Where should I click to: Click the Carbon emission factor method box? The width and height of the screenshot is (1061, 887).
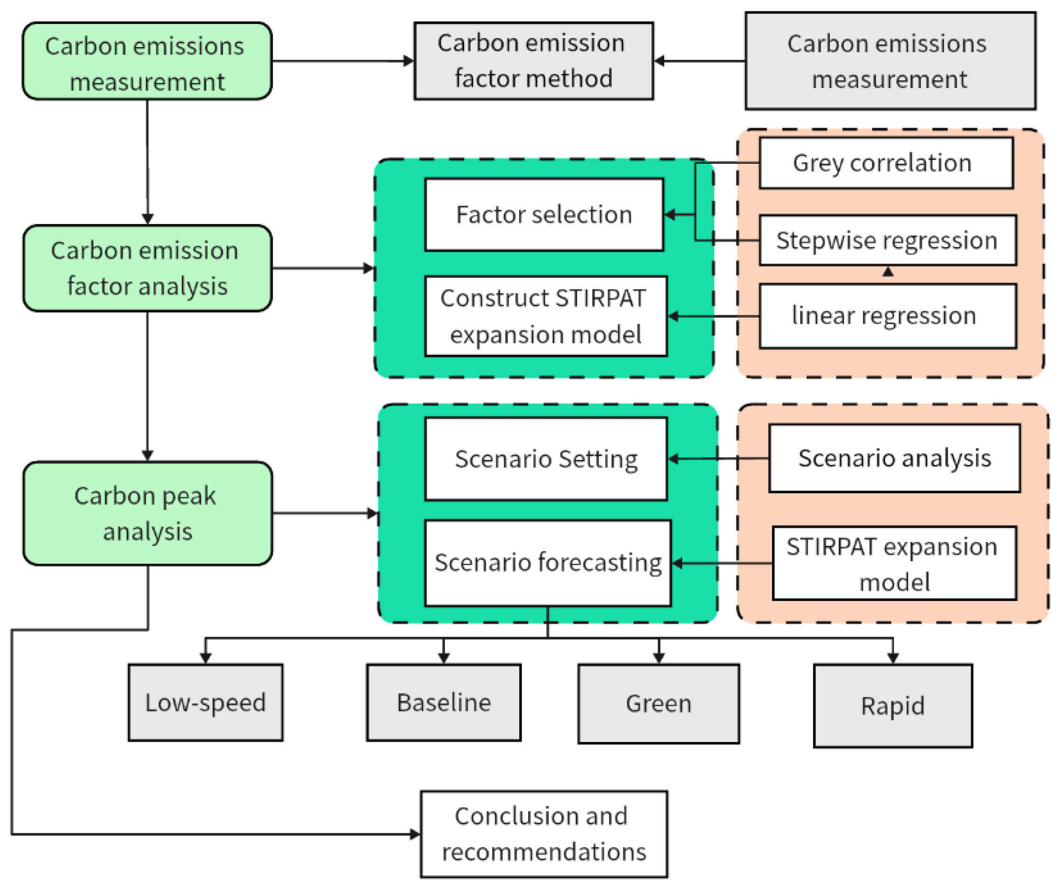coord(533,61)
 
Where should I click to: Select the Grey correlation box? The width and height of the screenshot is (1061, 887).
coord(886,163)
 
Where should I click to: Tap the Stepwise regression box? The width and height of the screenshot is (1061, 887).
coord(887,240)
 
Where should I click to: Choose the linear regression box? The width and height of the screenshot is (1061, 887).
coord(887,316)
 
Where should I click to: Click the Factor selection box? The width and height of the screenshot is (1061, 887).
coord(544,214)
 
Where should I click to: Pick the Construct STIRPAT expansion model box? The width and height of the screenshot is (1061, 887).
coord(546,316)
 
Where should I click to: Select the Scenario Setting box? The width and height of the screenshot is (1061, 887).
coord(546,459)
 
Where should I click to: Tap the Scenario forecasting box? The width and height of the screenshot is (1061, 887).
coord(547,563)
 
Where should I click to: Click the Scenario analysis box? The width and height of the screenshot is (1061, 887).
coord(894,458)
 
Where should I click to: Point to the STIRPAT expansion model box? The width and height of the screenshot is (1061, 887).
coord(894,563)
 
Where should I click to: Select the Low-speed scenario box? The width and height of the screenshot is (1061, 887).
coord(205,702)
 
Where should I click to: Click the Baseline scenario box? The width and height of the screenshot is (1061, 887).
coord(443,702)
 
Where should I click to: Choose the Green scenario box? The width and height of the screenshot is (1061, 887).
coord(659,703)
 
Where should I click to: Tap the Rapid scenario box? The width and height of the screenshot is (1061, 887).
coord(893,705)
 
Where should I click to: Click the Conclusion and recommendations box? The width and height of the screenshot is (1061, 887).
coord(544,834)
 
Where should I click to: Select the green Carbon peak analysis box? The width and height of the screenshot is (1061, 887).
coord(147,513)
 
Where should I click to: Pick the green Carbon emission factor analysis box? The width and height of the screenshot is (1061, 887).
coord(147,268)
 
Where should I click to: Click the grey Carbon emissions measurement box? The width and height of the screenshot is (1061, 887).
coord(890,61)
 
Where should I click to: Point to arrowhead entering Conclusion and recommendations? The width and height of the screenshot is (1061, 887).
coord(415,834)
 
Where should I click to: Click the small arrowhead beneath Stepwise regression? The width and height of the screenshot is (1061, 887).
coord(888,272)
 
